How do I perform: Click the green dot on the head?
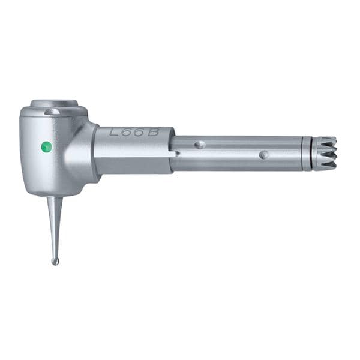point(47,147)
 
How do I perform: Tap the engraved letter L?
point(114,133)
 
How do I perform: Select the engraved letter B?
point(153,133)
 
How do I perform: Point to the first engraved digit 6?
point(127,133)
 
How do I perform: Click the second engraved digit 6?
point(139,133)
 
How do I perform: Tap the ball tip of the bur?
point(55,262)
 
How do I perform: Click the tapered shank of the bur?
point(55,227)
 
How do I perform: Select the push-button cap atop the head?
point(54,104)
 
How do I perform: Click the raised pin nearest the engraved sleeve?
point(200,145)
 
